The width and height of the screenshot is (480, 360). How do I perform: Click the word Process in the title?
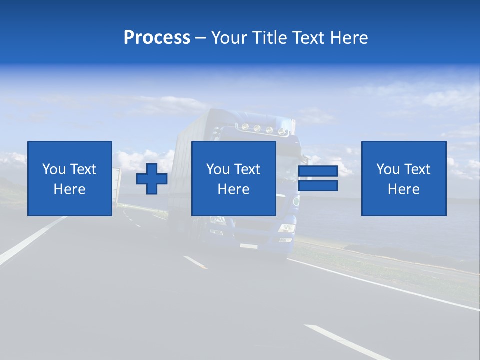point(157,37)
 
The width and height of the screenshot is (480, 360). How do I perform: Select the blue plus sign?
point(152,179)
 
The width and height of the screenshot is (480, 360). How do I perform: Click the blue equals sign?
point(318,178)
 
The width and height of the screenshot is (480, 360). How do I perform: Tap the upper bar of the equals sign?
point(318,172)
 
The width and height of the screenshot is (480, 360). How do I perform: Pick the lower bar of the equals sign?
point(318,185)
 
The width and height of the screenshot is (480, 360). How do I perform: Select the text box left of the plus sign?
point(70,178)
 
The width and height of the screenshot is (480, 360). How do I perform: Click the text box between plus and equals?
point(234,178)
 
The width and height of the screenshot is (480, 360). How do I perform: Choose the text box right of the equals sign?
point(404,178)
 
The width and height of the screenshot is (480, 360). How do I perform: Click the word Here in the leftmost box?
point(69,189)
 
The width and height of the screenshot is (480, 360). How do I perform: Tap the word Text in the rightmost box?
point(418,169)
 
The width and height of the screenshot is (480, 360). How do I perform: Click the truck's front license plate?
point(248,246)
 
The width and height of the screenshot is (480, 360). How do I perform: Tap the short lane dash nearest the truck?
point(195,262)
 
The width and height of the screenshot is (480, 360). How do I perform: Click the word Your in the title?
point(229,37)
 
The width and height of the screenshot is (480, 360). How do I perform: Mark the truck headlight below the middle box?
point(286,228)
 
